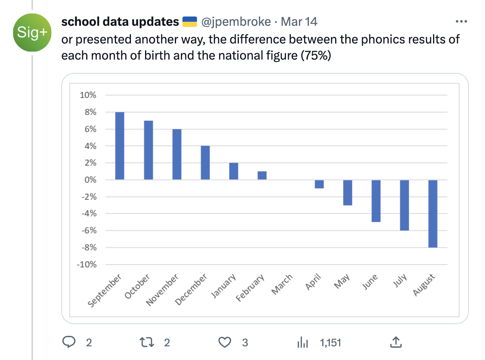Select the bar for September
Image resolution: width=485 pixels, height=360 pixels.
point(120,146)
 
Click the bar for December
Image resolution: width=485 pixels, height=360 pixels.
point(205,163)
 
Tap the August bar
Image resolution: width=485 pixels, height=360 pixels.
point(433,213)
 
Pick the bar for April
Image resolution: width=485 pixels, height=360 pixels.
point(319,184)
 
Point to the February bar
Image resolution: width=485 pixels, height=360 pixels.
point(262,176)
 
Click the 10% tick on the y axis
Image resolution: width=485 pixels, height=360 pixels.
point(88,95)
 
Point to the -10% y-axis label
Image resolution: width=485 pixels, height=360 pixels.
point(87,265)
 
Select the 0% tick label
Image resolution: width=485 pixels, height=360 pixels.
point(90,180)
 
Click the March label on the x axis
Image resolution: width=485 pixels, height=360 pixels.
point(282,284)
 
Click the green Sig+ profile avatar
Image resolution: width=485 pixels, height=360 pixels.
point(32,33)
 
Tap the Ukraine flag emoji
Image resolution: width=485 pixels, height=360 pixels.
point(190,22)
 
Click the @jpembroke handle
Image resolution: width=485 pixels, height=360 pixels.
point(236,22)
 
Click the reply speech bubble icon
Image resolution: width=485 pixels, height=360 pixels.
point(69,342)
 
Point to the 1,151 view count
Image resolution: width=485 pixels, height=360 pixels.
point(330,343)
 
